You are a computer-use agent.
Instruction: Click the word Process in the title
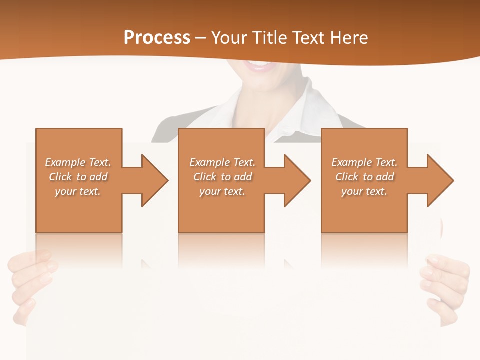coord(157,38)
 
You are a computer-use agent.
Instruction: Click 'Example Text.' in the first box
coord(78,162)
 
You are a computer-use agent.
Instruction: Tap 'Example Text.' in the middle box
coord(222,162)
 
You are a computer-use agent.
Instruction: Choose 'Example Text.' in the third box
coord(364,162)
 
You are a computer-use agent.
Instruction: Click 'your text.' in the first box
coord(78,191)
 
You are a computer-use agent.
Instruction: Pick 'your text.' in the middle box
coord(222,191)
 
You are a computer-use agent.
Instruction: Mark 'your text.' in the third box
coord(364,191)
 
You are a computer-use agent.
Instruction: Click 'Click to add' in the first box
coord(78,177)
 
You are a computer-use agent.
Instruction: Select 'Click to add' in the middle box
coord(222,177)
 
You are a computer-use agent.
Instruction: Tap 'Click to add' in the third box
coord(364,177)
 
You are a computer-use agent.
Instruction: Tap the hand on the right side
coord(446,285)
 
